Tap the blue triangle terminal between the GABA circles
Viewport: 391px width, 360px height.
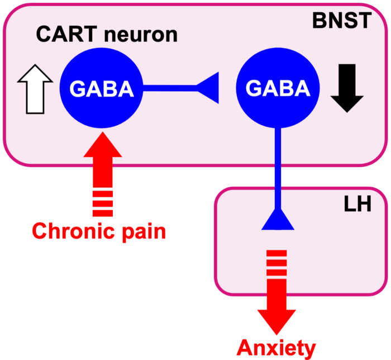[208, 88]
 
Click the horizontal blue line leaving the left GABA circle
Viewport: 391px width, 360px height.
[168, 88]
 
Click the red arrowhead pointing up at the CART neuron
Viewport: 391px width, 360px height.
[102, 145]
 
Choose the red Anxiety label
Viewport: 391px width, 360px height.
[276, 348]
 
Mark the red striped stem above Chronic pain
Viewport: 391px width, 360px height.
[102, 193]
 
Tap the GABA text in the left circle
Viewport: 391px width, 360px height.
[102, 88]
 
